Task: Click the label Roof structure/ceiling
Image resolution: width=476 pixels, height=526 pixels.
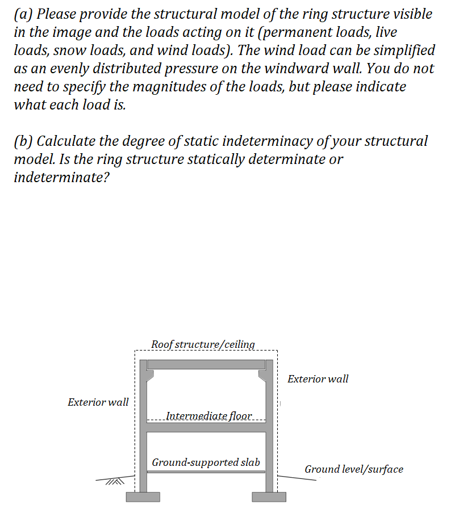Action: click(203, 344)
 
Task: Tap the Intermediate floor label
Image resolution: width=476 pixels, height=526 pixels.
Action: click(208, 416)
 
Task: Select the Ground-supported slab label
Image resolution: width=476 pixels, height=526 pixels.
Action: click(206, 462)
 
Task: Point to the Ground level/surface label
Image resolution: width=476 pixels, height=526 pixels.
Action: click(353, 469)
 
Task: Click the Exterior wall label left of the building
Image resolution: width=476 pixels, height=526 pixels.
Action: click(98, 402)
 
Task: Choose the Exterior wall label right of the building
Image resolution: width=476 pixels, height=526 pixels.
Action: click(318, 378)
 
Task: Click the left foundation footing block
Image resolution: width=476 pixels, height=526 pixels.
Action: click(143, 497)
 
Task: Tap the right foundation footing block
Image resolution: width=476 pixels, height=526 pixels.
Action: click(269, 497)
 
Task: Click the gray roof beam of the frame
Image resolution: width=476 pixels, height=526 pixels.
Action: click(207, 364)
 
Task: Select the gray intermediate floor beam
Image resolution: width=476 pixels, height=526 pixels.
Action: click(207, 427)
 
